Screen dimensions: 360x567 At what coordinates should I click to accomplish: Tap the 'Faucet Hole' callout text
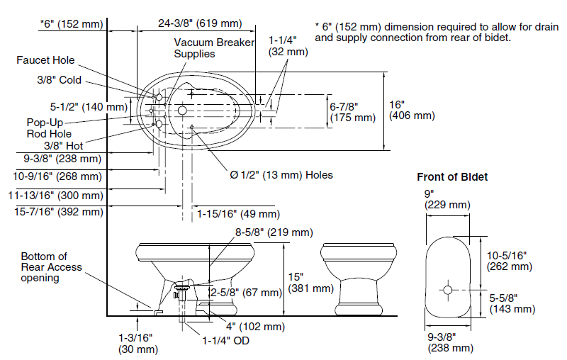(x=45, y=60)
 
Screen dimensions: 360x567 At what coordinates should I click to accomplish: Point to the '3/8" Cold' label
(x=60, y=79)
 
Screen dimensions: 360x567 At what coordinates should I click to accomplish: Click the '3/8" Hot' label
(x=64, y=145)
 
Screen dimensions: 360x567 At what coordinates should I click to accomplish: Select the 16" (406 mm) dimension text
(x=412, y=110)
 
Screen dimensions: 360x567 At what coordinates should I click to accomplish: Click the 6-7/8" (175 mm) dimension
(x=352, y=112)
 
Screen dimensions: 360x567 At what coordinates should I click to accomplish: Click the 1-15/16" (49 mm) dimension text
(x=238, y=213)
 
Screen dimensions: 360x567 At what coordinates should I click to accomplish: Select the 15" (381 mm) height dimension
(x=310, y=282)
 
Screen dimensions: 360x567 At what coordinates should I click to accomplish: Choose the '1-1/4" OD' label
(x=225, y=340)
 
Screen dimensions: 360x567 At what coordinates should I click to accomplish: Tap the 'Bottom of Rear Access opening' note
(x=51, y=267)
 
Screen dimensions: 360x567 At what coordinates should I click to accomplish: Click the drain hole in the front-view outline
(x=448, y=289)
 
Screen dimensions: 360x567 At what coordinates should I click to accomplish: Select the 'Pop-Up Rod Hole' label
(x=49, y=127)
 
